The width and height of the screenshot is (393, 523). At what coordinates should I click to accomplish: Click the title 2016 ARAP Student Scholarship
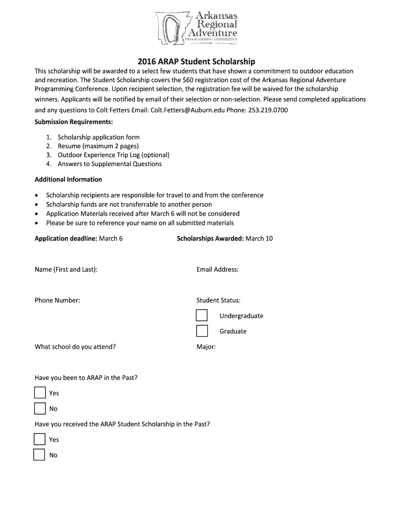pyautogui.click(x=196, y=61)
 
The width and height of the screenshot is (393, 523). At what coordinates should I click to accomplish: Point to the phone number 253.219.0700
pyautogui.click(x=268, y=110)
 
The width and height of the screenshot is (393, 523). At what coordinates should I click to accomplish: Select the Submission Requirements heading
pyautogui.click(x=73, y=122)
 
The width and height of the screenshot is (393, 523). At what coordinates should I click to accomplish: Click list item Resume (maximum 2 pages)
pyautogui.click(x=98, y=146)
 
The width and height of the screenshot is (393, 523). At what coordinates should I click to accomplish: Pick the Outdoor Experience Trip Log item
pyautogui.click(x=113, y=155)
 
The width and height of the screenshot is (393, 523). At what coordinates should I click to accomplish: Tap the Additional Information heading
pyautogui.click(x=68, y=179)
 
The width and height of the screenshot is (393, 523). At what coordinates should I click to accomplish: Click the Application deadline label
pyautogui.click(x=66, y=239)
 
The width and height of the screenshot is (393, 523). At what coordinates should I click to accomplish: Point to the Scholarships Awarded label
pyautogui.click(x=210, y=239)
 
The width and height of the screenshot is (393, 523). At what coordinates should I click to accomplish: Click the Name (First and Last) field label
pyautogui.click(x=66, y=269)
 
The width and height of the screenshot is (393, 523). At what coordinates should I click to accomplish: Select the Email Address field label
pyautogui.click(x=217, y=269)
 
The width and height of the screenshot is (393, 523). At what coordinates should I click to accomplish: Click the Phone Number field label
pyautogui.click(x=57, y=300)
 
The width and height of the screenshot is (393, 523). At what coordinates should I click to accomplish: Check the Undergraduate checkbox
pyautogui.click(x=202, y=316)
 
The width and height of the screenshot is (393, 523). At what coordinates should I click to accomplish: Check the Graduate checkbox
pyautogui.click(x=202, y=331)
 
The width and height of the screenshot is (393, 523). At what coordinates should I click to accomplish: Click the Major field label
pyautogui.click(x=206, y=347)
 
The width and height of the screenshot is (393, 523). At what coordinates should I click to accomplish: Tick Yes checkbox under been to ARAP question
pyautogui.click(x=40, y=393)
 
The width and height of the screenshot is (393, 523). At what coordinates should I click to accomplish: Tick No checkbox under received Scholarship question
pyautogui.click(x=39, y=455)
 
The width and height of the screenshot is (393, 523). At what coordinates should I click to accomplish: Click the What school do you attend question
pyautogui.click(x=75, y=347)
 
